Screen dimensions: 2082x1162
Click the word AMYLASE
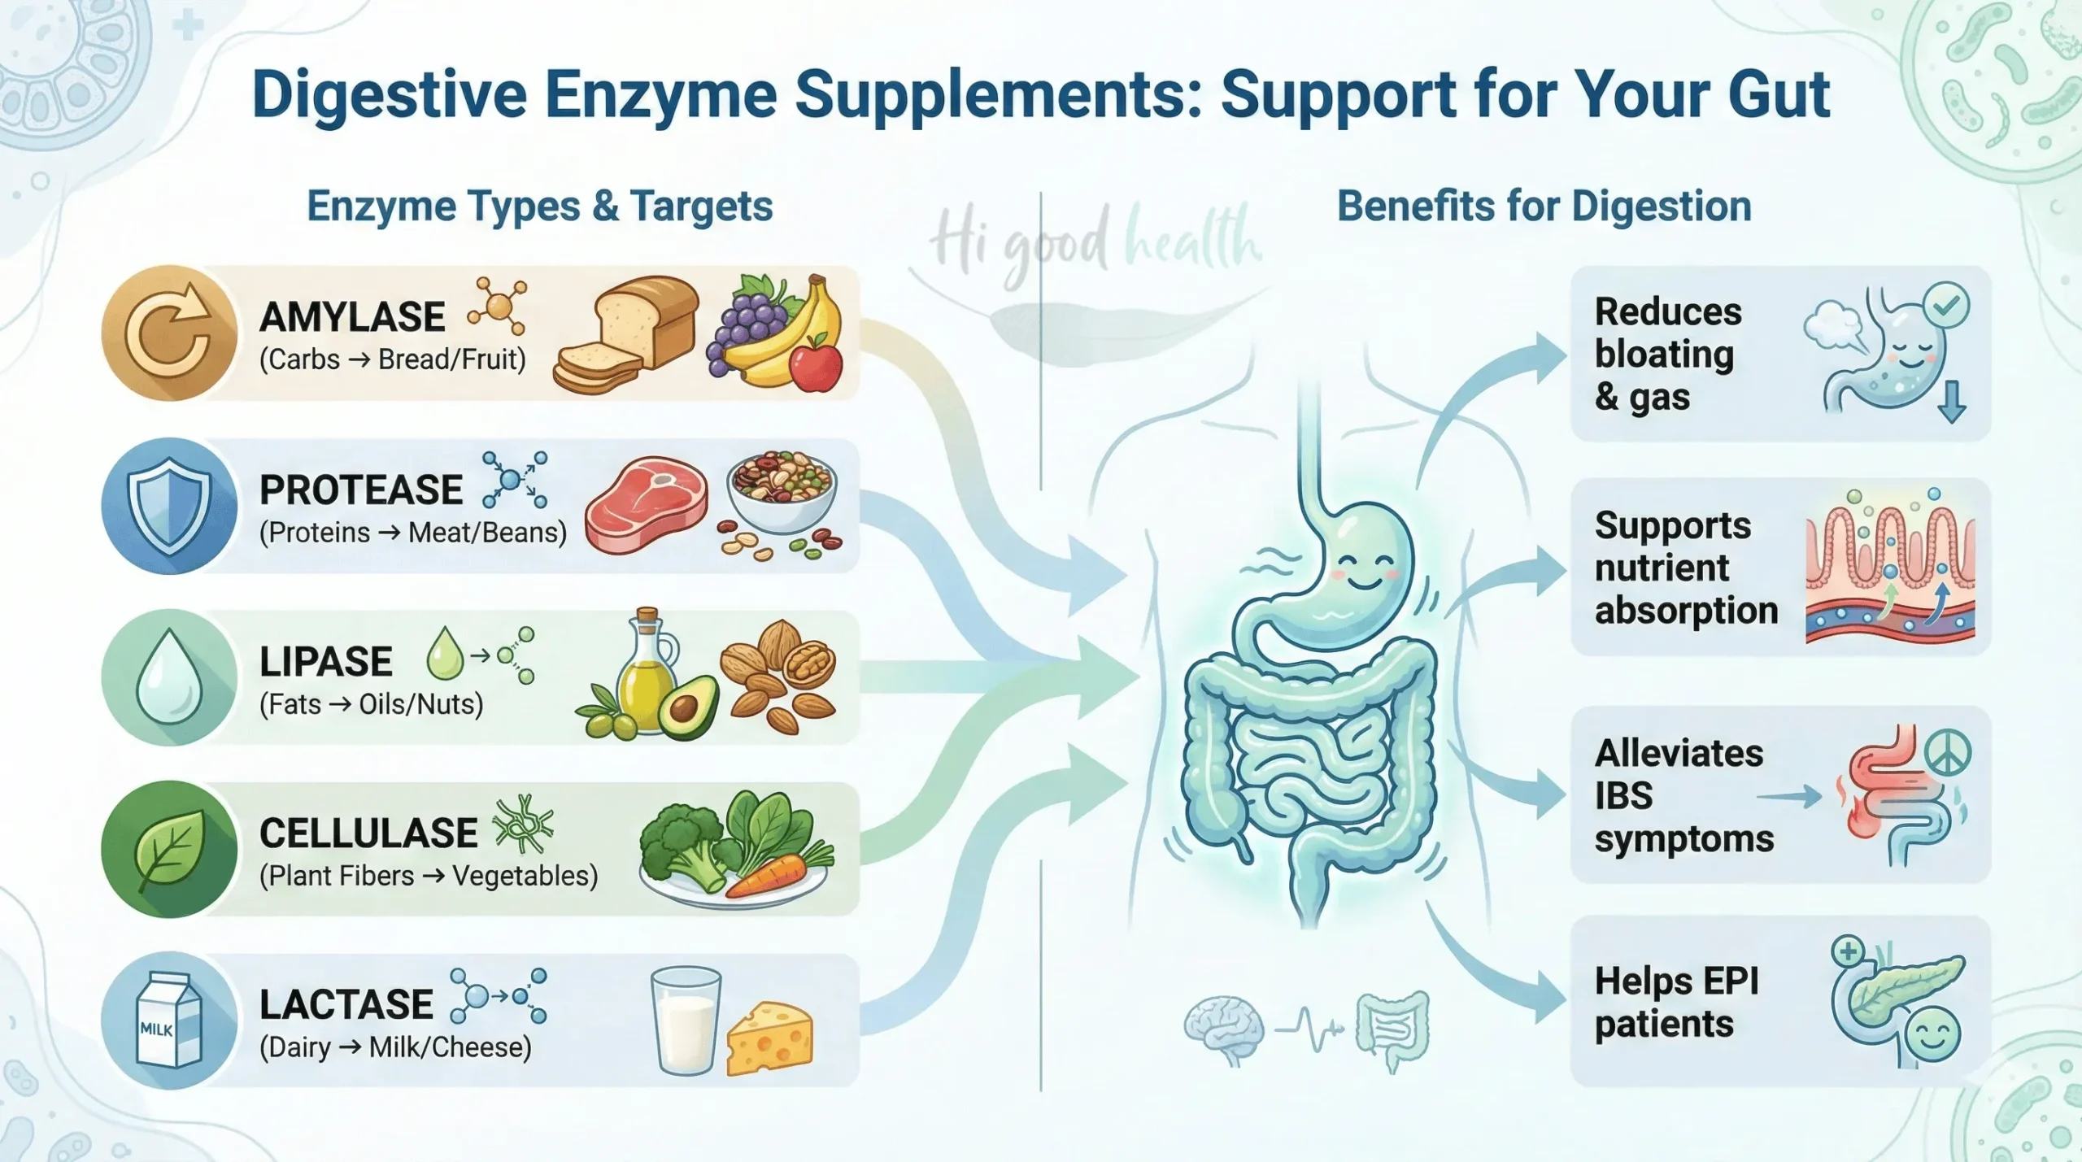[352, 317]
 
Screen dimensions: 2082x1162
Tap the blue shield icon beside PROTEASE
[169, 506]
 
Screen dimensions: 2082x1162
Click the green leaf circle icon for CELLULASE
[169, 849]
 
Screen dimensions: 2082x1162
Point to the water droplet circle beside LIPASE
[169, 677]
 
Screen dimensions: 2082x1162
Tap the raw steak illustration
[646, 505]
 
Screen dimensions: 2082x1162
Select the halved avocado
[688, 707]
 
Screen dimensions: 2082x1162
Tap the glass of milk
[686, 1021]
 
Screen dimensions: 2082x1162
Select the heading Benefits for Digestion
[1544, 207]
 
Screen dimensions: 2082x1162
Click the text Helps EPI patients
[1676, 1002]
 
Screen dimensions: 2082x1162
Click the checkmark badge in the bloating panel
[1946, 306]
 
